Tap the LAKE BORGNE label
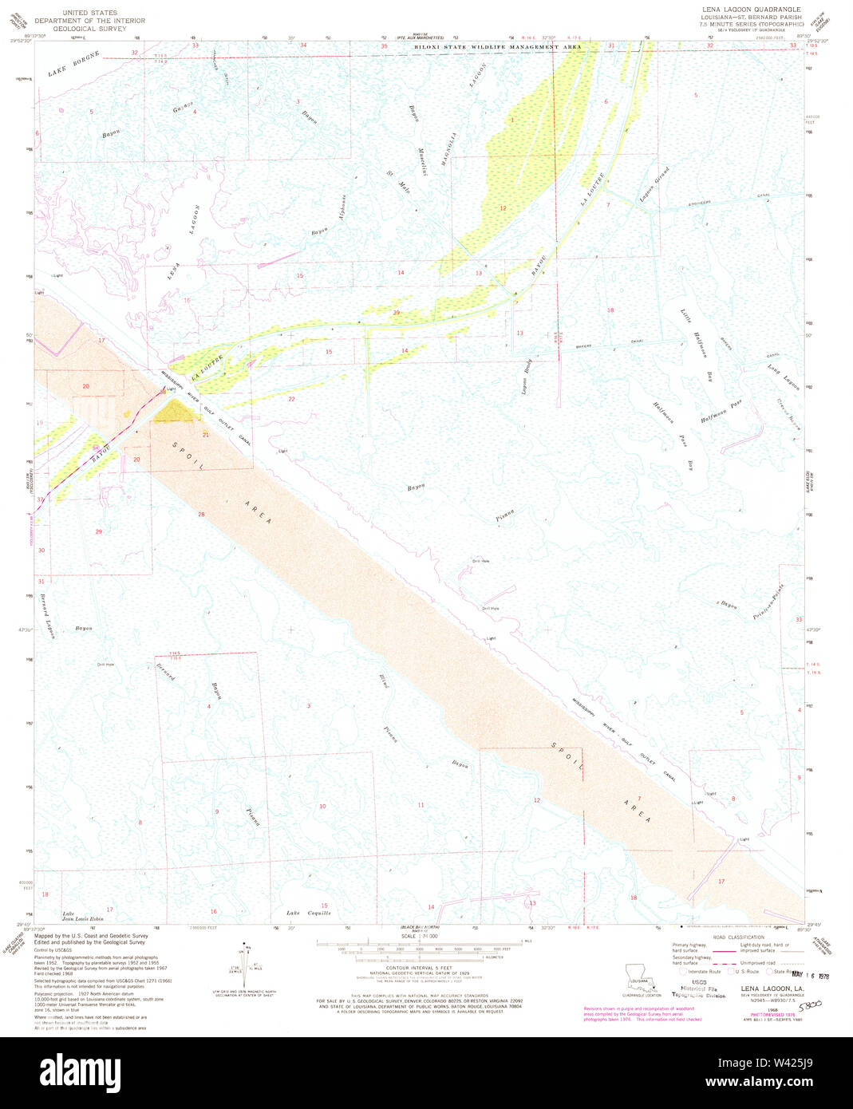74,63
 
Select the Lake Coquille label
308,913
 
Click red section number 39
396,312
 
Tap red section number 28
201,515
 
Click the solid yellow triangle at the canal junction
183,410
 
